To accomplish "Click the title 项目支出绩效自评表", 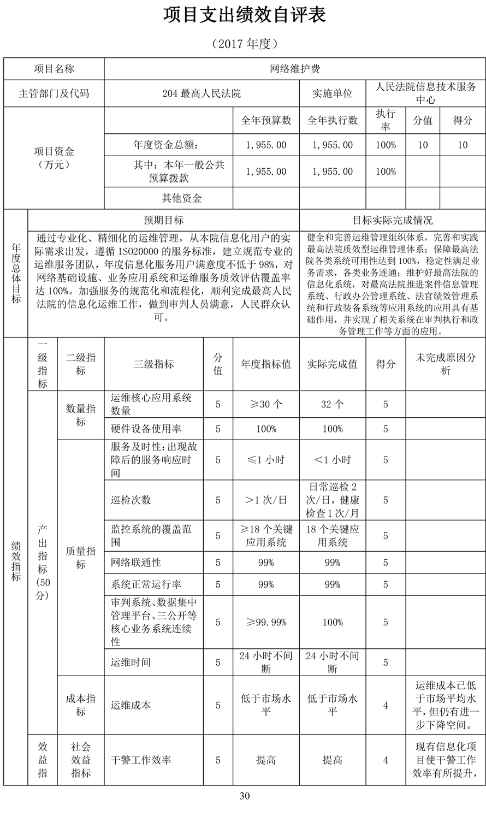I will coord(245,16).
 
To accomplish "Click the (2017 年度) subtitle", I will coord(245,44).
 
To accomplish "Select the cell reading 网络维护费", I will coord(295,69).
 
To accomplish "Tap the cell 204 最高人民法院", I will coord(201,93).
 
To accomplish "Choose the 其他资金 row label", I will coord(182,198).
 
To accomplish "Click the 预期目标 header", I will coord(164,220).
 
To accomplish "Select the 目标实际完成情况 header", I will coord(393,220).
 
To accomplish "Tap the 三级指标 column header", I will coord(153,364).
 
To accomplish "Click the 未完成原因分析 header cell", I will coord(446,364).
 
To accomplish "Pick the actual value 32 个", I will coord(332,405).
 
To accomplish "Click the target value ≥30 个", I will coord(266,405).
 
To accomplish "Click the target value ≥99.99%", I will coord(266,622).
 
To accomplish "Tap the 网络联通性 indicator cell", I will coord(136,563).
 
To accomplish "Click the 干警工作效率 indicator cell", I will coord(141,760).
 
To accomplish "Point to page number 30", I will coord(244,796).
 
